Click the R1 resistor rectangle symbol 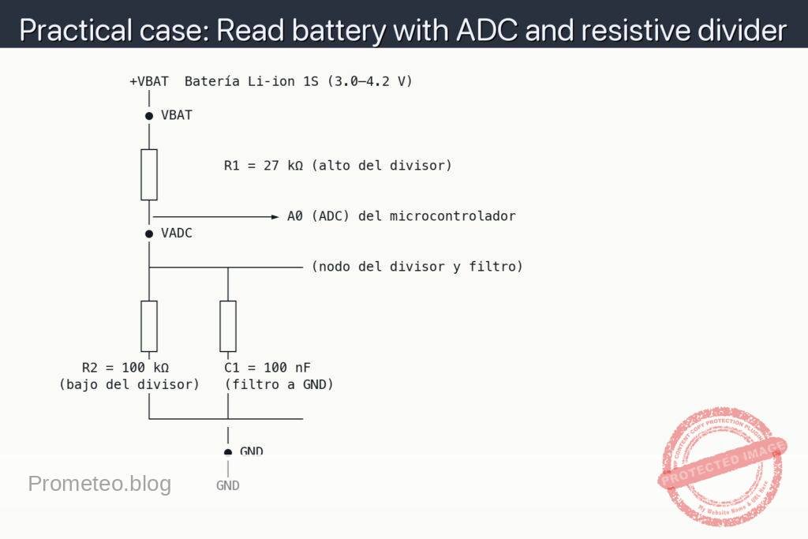tap(149, 174)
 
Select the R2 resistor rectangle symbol tap(149, 325)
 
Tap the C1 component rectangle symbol tap(228, 325)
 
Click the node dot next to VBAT tap(149, 116)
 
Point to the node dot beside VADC tap(149, 234)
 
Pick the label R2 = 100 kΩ tap(125, 368)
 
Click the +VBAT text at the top tap(149, 81)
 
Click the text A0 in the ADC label tap(295, 216)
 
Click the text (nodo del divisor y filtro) tap(417, 267)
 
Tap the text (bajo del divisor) tap(129, 384)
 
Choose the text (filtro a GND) tap(279, 384)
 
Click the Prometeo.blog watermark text tap(99, 484)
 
